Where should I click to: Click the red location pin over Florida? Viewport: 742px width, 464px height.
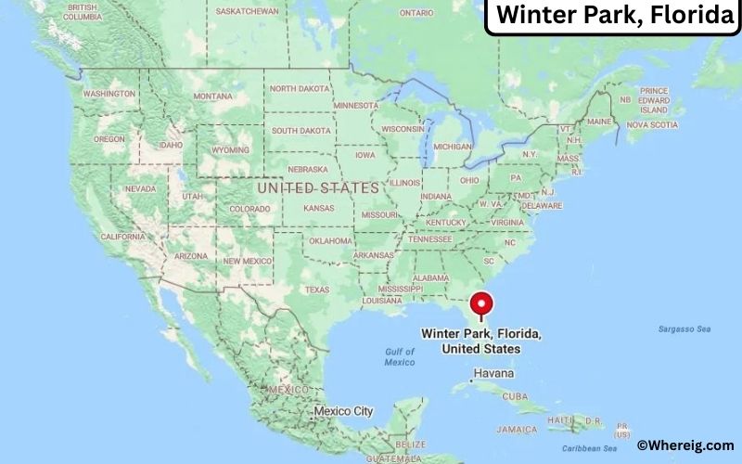tap(480, 304)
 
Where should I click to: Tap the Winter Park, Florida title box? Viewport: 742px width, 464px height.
tap(613, 16)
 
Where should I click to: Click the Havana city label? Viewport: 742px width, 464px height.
tap(494, 374)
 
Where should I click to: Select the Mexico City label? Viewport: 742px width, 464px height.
tap(343, 410)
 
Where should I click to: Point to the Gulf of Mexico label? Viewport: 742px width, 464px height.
tap(400, 356)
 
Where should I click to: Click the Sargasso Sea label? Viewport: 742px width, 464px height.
tap(684, 329)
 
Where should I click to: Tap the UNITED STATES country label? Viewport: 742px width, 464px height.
tap(318, 188)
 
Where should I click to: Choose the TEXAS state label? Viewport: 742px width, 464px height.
tap(316, 290)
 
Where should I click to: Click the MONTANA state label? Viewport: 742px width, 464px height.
tap(213, 97)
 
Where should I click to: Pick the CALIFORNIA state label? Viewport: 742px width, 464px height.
tap(123, 237)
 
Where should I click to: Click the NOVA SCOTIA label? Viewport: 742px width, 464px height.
tap(650, 124)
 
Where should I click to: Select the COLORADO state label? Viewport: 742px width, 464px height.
tap(250, 209)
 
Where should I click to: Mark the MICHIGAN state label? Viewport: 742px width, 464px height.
tap(453, 147)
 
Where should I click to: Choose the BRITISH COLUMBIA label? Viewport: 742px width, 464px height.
tap(83, 12)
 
